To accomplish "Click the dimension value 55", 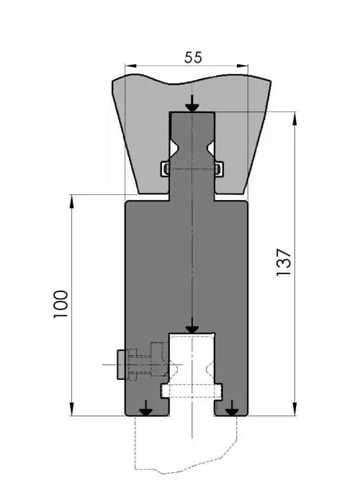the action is click(x=193, y=58).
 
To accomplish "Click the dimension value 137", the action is click(x=283, y=262).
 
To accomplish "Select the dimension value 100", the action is click(x=60, y=304).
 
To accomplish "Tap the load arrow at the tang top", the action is click(x=192, y=104).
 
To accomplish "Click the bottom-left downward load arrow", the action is click(x=146, y=408).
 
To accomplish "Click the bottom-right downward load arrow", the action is click(x=232, y=408).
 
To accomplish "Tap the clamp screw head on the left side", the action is click(x=121, y=365).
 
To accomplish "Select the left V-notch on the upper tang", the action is click(x=174, y=148).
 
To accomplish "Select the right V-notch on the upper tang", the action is click(x=211, y=148).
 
